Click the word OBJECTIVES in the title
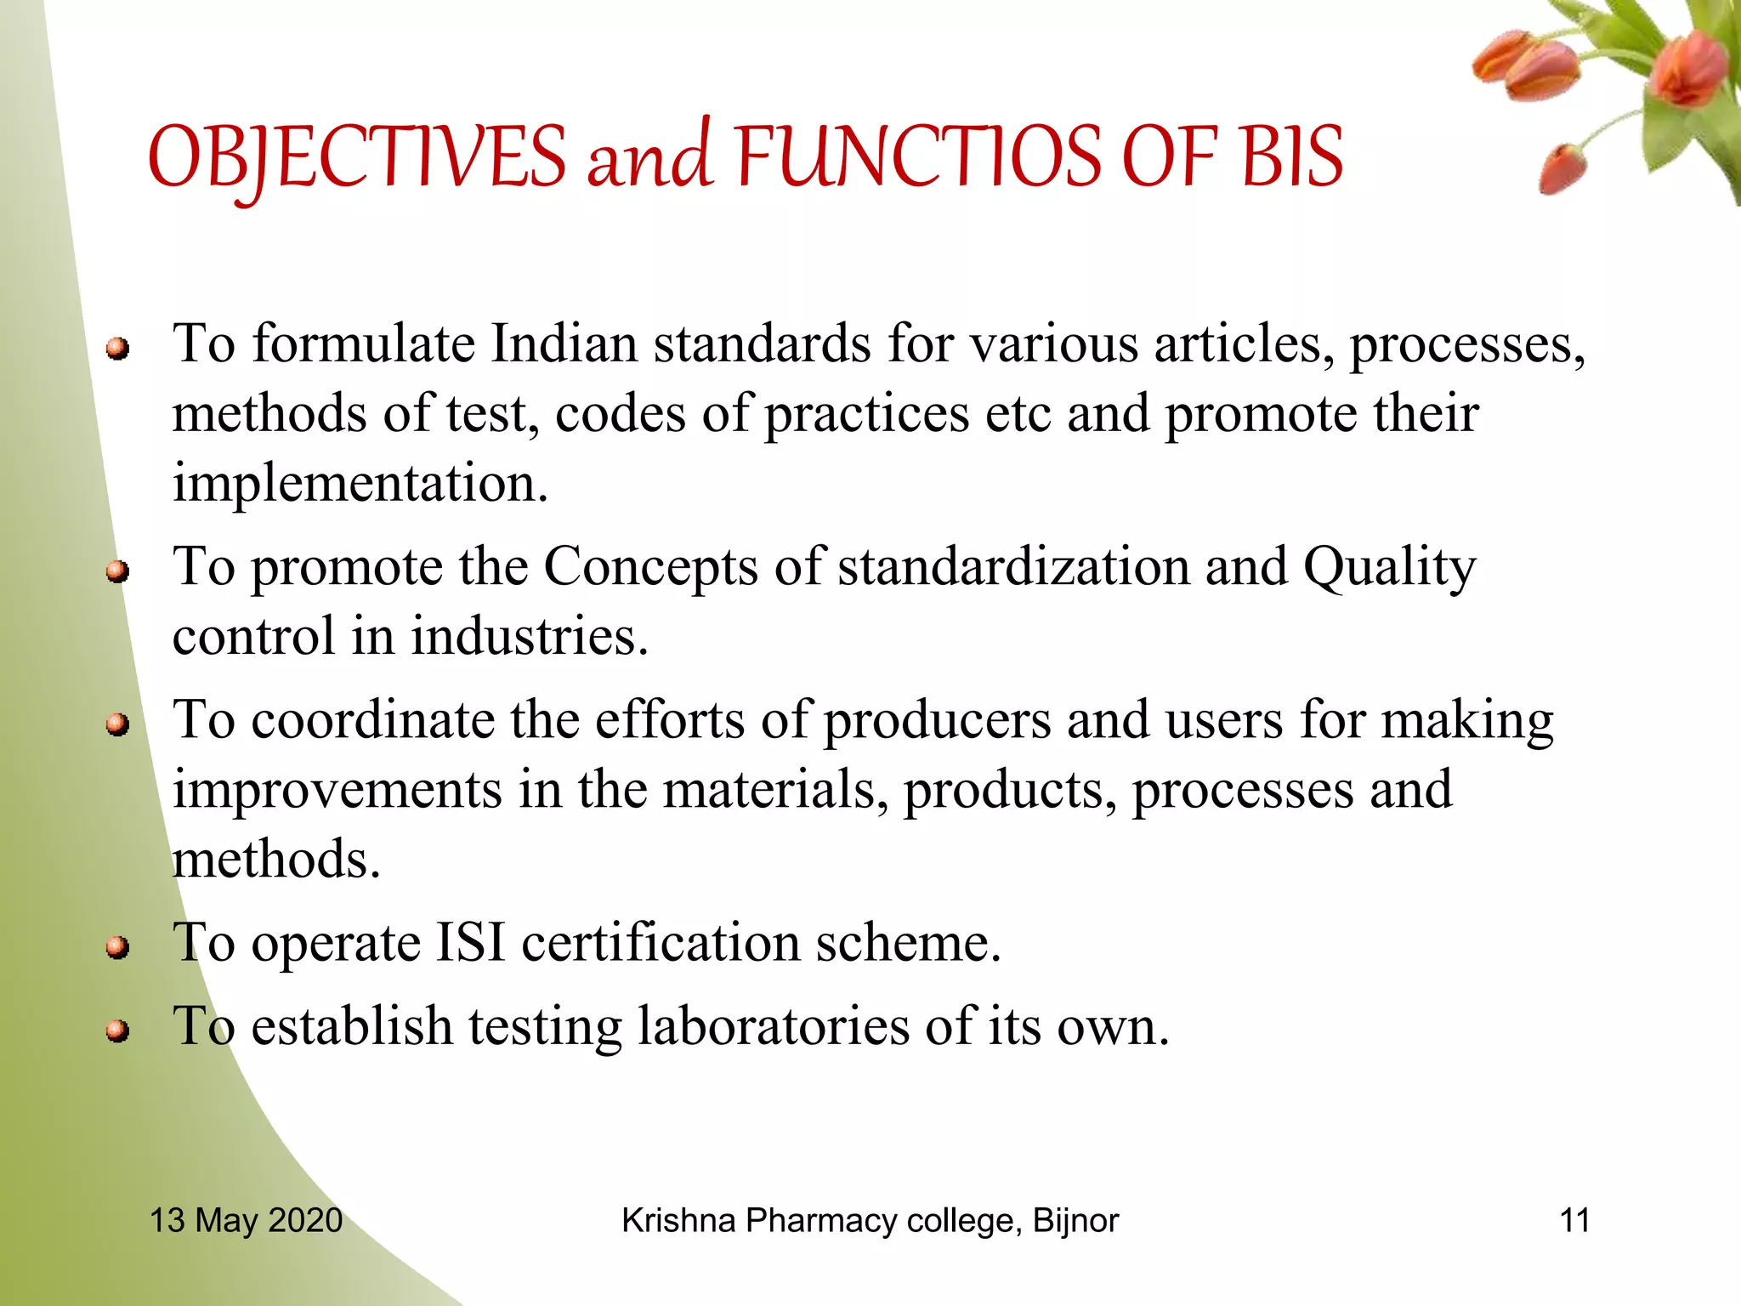pyautogui.click(x=357, y=157)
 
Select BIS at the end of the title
pyautogui.click(x=1291, y=157)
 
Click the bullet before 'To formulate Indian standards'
pyautogui.click(x=117, y=349)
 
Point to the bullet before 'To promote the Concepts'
pyautogui.click(x=117, y=571)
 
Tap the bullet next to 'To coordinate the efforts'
pyautogui.click(x=117, y=724)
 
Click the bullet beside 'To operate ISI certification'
pyautogui.click(x=117, y=947)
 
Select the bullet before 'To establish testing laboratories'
pyautogui.click(x=117, y=1031)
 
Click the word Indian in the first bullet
pyautogui.click(x=564, y=344)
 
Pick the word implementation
pyautogui.click(x=360, y=484)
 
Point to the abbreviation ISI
pyautogui.click(x=470, y=943)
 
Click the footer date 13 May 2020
pyautogui.click(x=246, y=1220)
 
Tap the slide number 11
pyautogui.click(x=1574, y=1220)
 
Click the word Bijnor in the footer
pyautogui.click(x=1075, y=1221)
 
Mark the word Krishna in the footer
pyautogui.click(x=678, y=1220)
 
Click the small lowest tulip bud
pyautogui.click(x=1563, y=169)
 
